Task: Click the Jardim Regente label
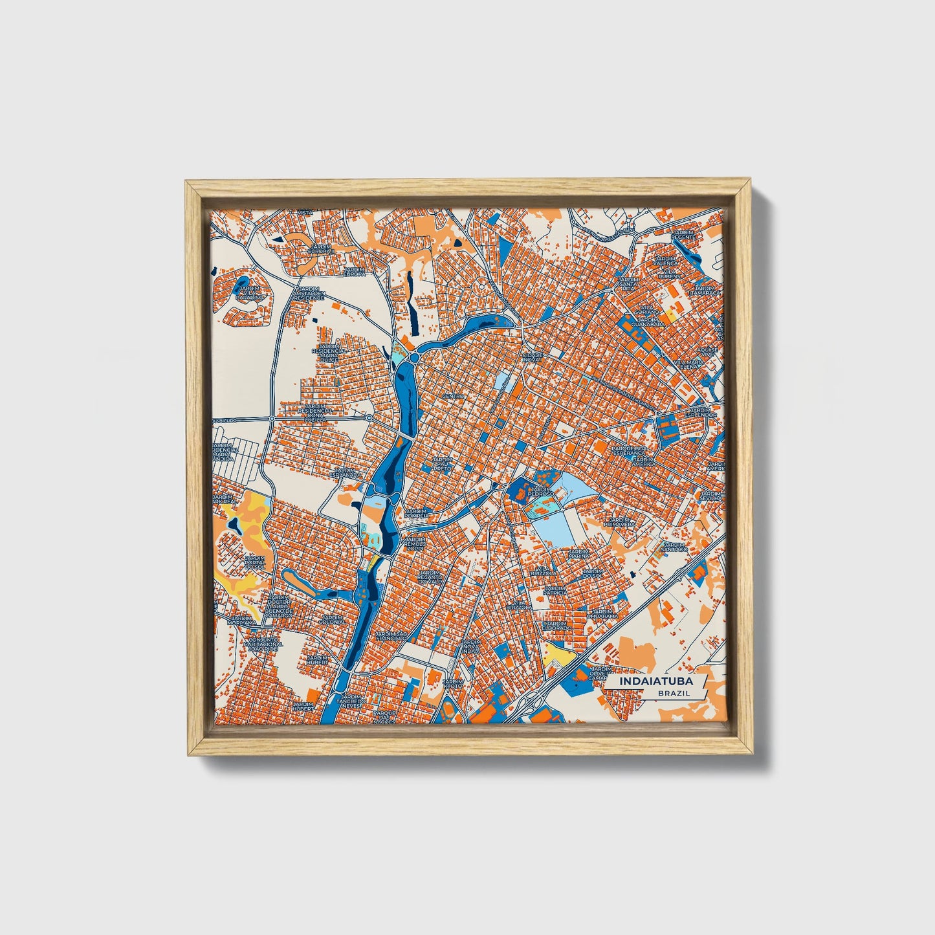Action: [682, 234]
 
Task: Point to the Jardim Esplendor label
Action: [699, 412]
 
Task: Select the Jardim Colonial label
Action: [332, 620]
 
